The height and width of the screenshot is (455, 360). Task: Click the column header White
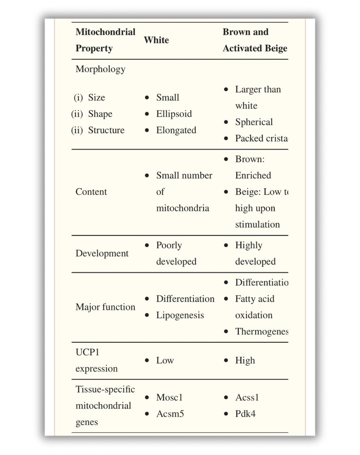pyautogui.click(x=156, y=40)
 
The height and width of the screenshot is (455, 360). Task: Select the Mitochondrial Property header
pyautogui.click(x=105, y=40)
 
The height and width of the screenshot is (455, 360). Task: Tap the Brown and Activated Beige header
pyautogui.click(x=255, y=40)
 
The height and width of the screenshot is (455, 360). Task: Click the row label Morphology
pyautogui.click(x=100, y=69)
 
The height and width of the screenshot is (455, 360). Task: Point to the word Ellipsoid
pyautogui.click(x=174, y=114)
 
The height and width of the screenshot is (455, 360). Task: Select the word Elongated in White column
pyautogui.click(x=176, y=130)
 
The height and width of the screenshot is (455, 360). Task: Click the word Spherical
pyautogui.click(x=254, y=122)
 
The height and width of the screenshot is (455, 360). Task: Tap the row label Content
pyautogui.click(x=91, y=192)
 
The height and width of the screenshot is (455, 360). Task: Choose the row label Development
pyautogui.click(x=102, y=254)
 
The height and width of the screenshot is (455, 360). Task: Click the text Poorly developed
pyautogui.click(x=176, y=254)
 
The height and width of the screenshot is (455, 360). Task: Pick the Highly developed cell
pyautogui.click(x=255, y=254)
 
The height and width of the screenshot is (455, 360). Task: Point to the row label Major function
pyautogui.click(x=105, y=307)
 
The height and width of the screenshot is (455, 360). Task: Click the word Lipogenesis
pyautogui.click(x=180, y=315)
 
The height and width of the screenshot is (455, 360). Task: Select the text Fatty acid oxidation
pyautogui.click(x=254, y=307)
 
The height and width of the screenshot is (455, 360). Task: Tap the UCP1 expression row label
pyautogui.click(x=96, y=361)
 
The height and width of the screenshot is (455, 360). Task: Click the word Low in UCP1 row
pyautogui.click(x=165, y=361)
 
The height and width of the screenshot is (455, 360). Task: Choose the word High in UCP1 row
pyautogui.click(x=245, y=361)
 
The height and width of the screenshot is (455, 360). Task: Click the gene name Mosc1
pyautogui.click(x=169, y=398)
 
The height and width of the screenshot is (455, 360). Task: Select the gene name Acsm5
pyautogui.click(x=170, y=414)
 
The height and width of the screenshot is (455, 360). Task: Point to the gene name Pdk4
pyautogui.click(x=245, y=414)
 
